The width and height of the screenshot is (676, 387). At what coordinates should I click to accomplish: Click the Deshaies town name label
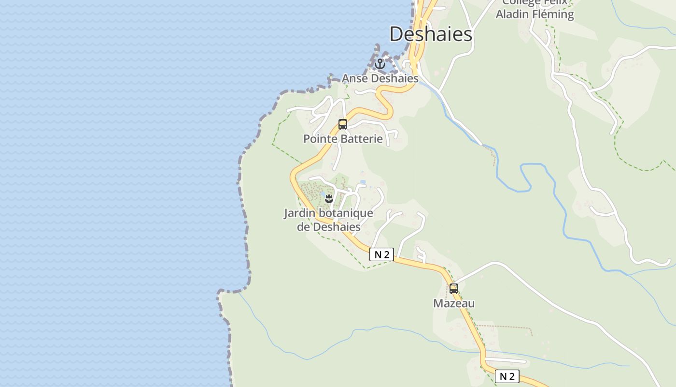431,34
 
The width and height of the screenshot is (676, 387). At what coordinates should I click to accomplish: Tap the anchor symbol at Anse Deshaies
380,64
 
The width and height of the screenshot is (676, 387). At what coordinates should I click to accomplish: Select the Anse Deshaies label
380,78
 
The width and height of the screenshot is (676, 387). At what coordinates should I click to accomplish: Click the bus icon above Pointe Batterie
343,124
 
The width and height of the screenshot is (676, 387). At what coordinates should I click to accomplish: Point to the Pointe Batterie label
343,139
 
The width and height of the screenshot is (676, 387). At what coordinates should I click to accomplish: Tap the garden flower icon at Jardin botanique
329,198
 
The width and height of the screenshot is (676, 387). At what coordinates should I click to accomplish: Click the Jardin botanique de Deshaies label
328,220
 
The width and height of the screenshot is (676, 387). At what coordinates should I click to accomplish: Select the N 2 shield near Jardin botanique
381,254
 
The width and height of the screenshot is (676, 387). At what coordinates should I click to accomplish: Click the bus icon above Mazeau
454,289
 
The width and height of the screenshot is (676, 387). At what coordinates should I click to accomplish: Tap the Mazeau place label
454,303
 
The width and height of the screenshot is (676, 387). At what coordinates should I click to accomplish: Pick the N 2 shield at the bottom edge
507,376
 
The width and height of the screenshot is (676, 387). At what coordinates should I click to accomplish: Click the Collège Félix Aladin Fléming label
535,9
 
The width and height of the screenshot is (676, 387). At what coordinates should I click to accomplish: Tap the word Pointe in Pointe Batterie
318,139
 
